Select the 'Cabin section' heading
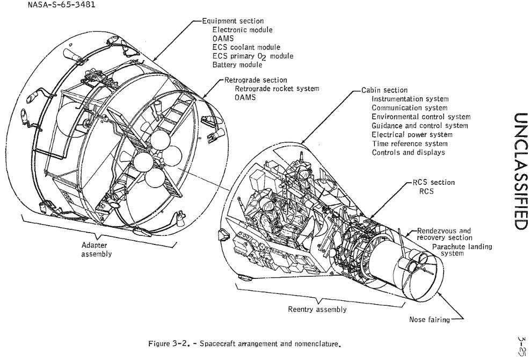tap(383, 90)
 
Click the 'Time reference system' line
tap(410, 143)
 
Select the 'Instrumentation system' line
tap(410, 99)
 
